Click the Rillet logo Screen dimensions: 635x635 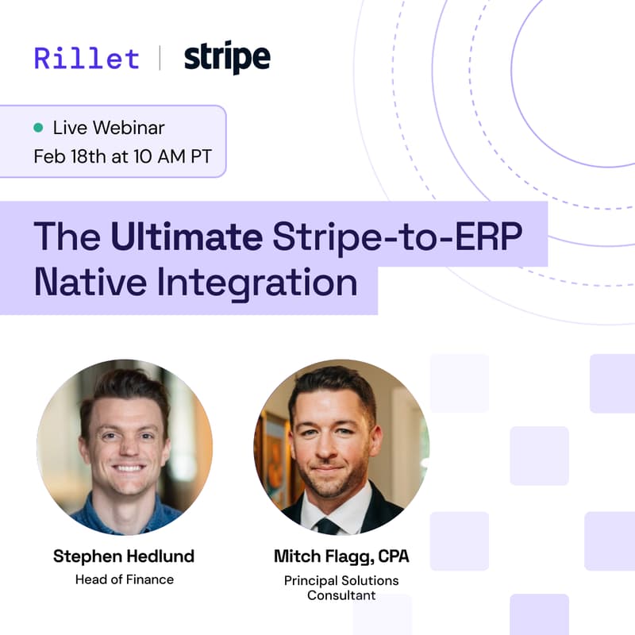click(x=86, y=58)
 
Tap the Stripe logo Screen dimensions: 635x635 click(x=227, y=58)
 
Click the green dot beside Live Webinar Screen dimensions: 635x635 click(x=38, y=127)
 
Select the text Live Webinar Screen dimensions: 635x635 click(x=109, y=127)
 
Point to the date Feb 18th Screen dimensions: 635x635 click(x=70, y=156)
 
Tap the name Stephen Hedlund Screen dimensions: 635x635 click(x=124, y=556)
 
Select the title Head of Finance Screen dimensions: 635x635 click(x=124, y=579)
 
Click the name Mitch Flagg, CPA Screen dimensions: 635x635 click(x=341, y=556)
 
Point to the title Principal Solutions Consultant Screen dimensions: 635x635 click(x=341, y=587)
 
